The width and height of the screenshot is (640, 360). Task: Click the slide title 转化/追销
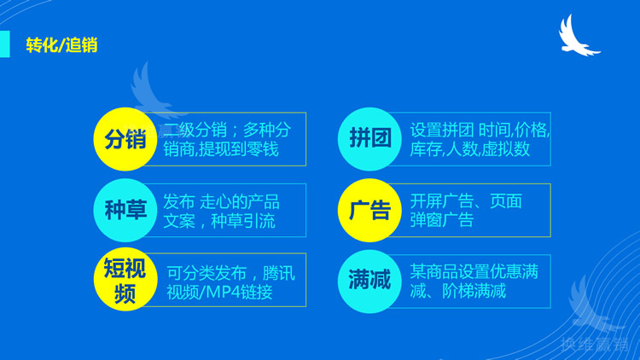point(61,44)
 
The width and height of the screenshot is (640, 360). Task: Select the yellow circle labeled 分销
point(125,139)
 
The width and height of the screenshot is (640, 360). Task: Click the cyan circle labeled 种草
point(125,210)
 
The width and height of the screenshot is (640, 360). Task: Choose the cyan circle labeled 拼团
point(370,139)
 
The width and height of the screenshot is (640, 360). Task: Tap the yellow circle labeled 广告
point(370,210)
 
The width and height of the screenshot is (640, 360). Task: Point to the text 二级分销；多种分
point(227,130)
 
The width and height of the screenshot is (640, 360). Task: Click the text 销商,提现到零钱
point(221,149)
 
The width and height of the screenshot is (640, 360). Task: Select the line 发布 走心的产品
point(222,202)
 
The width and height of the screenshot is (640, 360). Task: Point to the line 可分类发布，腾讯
point(230,273)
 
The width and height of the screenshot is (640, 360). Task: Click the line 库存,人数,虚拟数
point(469,149)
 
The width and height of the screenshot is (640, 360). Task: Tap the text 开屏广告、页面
point(466,202)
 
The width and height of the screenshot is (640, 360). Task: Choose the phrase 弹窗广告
point(442,221)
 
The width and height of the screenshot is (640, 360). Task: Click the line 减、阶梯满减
point(457,292)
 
